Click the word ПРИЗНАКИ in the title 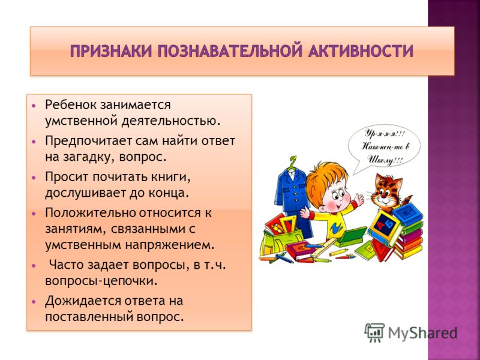point(111,51)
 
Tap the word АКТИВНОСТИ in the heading point(361,51)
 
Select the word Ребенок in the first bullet point(70,104)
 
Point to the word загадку point(89,157)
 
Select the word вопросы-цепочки point(101,281)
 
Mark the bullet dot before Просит point(34,177)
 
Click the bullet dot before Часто point(34,265)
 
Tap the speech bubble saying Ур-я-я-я point(384,147)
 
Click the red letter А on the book point(379,226)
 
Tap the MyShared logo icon point(374,333)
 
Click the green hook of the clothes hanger point(293,161)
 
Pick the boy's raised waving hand point(358,200)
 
